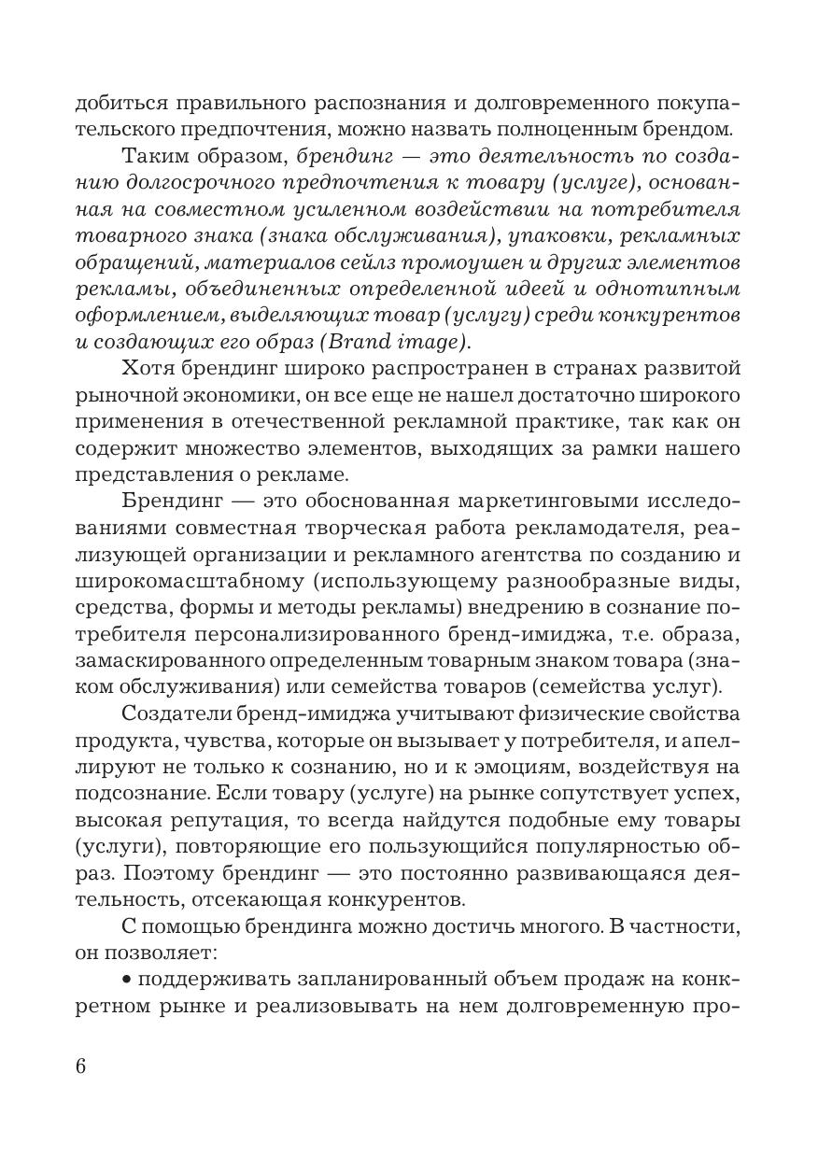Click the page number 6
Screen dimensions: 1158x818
[x=80, y=1066]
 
